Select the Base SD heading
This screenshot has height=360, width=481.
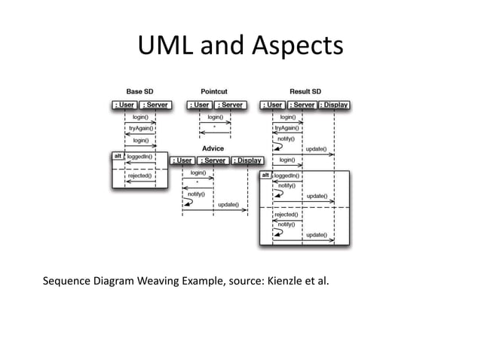click(x=140, y=92)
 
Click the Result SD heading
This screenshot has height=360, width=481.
click(x=305, y=92)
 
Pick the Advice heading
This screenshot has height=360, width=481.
click(x=213, y=148)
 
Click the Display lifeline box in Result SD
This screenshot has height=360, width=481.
click(x=334, y=105)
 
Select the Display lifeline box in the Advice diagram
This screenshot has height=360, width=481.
click(x=247, y=160)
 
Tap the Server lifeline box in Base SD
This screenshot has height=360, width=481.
click(x=155, y=105)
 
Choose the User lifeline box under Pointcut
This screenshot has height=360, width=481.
click(x=200, y=105)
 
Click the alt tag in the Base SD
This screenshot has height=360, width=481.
click(x=118, y=156)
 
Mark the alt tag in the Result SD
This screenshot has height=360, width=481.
click(x=265, y=175)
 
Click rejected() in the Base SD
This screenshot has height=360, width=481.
click(x=139, y=175)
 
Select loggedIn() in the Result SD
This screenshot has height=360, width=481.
click(x=287, y=175)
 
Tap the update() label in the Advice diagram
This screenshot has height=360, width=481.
click(x=228, y=205)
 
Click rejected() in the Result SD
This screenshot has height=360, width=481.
click(x=286, y=215)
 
